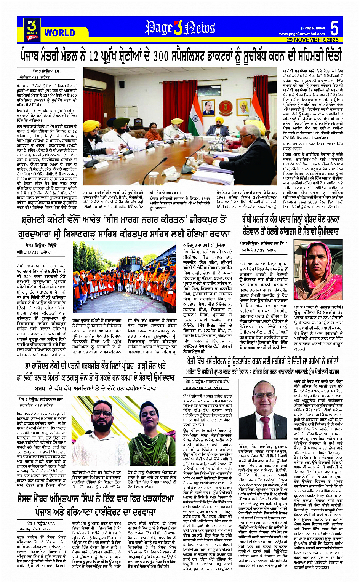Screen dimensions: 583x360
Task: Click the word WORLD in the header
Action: pos(59,33)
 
